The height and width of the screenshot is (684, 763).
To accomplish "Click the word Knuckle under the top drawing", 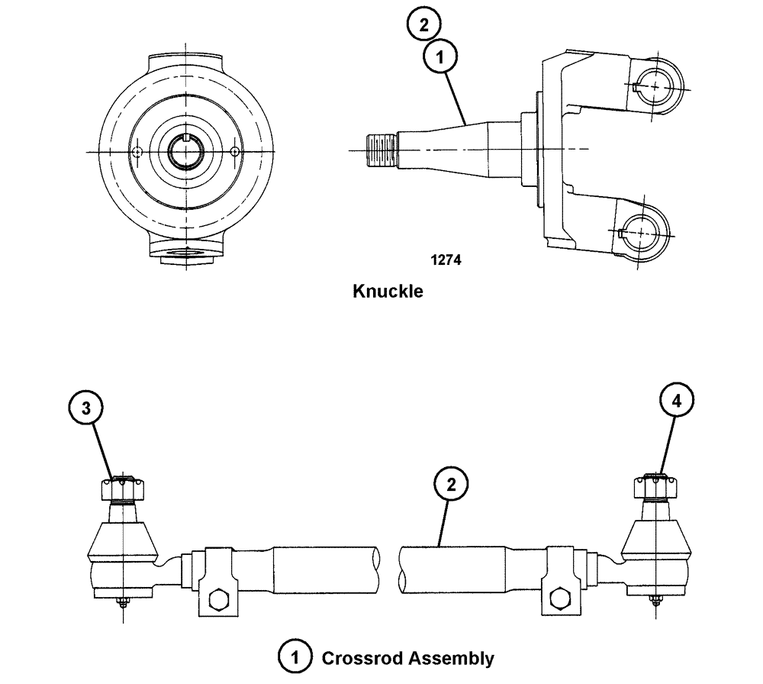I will pos(388,291).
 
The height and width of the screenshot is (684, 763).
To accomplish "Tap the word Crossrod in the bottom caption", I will pos(358,657).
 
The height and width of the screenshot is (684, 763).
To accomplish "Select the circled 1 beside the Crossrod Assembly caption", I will pos(295,657).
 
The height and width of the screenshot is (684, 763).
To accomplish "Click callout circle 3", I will pos(88,408).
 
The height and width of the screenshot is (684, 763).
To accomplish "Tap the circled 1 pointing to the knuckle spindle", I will pos(442,57).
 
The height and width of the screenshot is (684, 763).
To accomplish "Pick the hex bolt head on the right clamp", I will pos(558,595).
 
